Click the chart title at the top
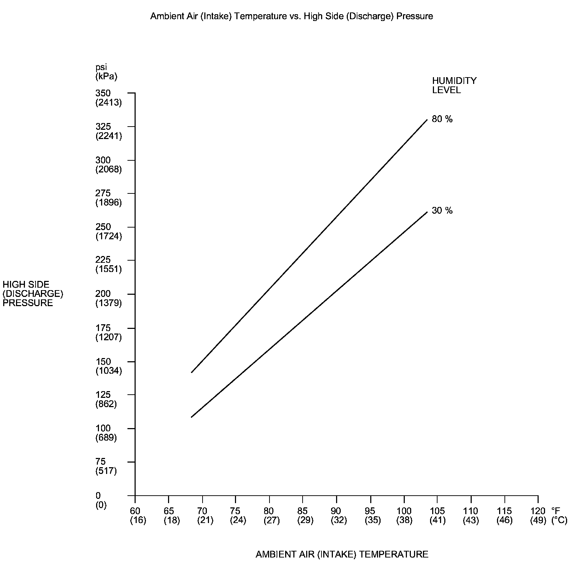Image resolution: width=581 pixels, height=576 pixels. (291, 16)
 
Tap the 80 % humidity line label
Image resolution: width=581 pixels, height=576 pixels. (442, 119)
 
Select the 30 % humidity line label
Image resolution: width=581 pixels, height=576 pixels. (442, 211)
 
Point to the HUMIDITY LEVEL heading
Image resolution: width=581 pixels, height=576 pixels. (454, 85)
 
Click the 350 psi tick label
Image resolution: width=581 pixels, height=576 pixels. (103, 93)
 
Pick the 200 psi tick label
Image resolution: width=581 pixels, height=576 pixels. (103, 294)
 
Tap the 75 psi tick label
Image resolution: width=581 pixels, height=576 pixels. (101, 462)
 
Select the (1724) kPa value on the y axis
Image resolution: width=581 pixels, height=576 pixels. (109, 236)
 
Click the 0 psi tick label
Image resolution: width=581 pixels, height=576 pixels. (98, 495)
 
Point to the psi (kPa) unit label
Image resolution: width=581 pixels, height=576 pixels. (106, 71)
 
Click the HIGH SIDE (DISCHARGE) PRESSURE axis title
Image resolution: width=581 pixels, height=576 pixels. (33, 294)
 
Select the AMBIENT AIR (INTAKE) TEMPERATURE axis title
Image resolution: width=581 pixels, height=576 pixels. (342, 554)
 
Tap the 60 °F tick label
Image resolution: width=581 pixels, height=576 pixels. (135, 511)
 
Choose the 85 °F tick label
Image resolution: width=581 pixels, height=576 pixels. (302, 511)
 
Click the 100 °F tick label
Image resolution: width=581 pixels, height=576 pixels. (404, 511)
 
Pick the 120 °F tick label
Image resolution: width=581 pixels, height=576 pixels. (538, 511)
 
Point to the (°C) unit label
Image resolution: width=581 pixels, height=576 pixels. (559, 521)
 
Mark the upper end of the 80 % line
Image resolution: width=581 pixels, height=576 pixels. (427, 120)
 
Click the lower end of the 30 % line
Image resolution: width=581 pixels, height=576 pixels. (192, 417)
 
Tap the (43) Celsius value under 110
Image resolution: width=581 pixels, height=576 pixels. (471, 521)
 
